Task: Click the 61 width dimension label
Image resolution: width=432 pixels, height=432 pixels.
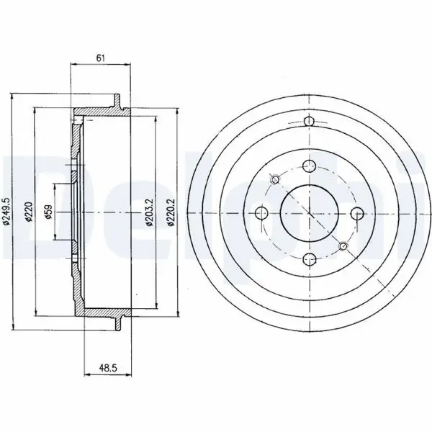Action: point(101,58)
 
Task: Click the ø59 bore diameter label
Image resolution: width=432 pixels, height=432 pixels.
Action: point(49,212)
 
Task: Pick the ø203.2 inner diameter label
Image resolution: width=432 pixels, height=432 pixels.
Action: point(150,212)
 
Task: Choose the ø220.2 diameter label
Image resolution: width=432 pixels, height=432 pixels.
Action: point(171,212)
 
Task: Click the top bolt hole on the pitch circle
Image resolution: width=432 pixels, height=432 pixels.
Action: point(309,166)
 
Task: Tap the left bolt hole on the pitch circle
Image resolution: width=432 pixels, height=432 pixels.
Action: point(262,212)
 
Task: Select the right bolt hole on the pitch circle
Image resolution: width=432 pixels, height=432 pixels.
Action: point(357,213)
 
